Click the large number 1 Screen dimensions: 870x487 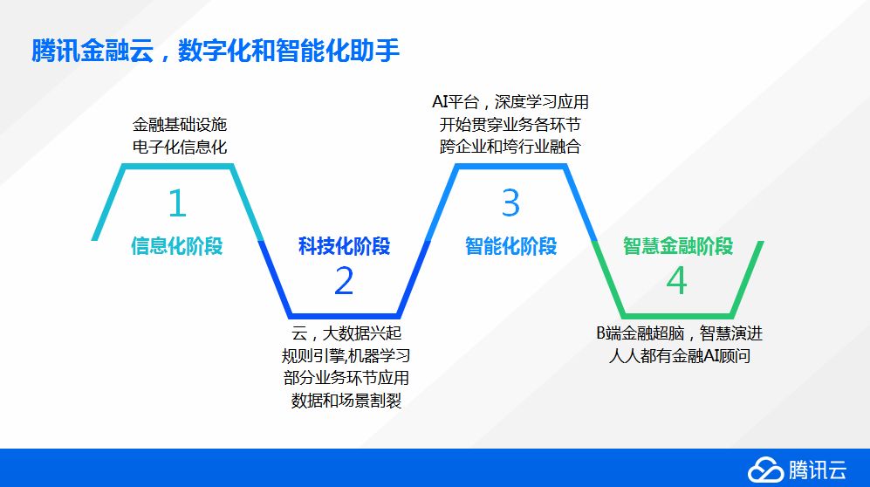[x=177, y=203]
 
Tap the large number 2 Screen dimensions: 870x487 [x=344, y=281]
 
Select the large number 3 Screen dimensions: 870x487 [x=510, y=202]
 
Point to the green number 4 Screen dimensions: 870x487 [x=676, y=281]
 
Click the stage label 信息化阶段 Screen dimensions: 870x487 [x=177, y=246]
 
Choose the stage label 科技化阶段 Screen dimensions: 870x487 [x=344, y=246]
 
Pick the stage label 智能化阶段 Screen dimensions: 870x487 [x=511, y=246]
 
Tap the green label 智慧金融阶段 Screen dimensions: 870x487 [x=677, y=246]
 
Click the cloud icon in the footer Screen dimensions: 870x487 [x=765, y=470]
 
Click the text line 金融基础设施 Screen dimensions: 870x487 [x=180, y=124]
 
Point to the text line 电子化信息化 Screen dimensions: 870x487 [x=180, y=147]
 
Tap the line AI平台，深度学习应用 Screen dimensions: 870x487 [x=510, y=102]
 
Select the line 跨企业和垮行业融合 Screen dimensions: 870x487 [x=510, y=147]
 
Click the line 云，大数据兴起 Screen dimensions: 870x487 [x=346, y=333]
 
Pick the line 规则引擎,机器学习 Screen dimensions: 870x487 [x=346, y=355]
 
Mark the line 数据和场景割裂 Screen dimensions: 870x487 [x=346, y=401]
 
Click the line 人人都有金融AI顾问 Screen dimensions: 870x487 [x=680, y=355]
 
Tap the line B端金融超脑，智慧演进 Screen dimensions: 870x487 [x=680, y=333]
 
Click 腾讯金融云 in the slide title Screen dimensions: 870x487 [x=92, y=51]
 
